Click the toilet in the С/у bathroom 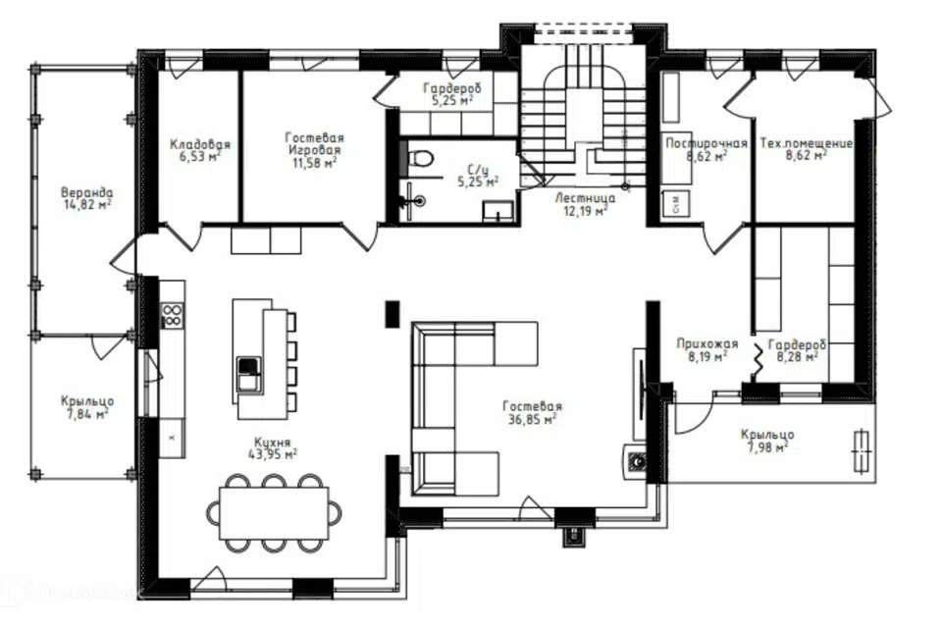pos(420,159)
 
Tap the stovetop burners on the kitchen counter pos(172,316)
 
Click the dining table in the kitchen pos(274,513)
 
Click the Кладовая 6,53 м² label pos(200,150)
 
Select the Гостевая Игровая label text pos(314,143)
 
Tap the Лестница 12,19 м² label pos(585,204)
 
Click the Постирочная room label pos(706,143)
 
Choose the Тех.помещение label pos(807,143)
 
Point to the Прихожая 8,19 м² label pos(707,349)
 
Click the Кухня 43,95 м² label pos(272,448)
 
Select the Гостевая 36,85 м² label pos(532,413)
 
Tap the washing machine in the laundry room pos(676,204)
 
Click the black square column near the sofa pos(392,314)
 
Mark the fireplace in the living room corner pos(636,461)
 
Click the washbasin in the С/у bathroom pos(498,211)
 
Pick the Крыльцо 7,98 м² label pos(767,441)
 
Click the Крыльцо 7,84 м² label pos(87,407)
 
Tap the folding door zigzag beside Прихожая pos(759,359)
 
